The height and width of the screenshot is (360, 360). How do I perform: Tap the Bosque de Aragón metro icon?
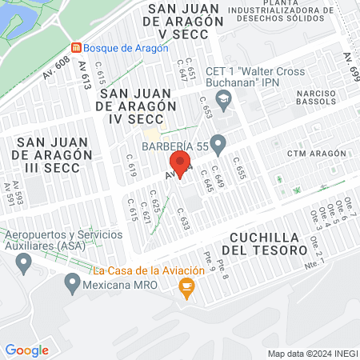pyautogui.click(x=76, y=48)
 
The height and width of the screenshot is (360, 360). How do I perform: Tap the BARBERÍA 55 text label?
pyautogui.click(x=175, y=146)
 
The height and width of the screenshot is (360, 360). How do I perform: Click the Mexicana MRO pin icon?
pyautogui.click(x=73, y=282)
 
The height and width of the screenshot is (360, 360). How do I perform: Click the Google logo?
pyautogui.click(x=26, y=350)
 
